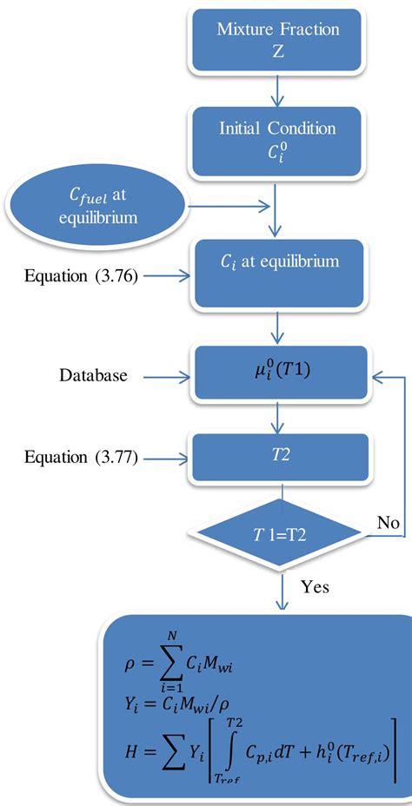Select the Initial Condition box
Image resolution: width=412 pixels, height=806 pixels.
(278, 138)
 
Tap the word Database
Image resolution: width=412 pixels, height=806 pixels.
(94, 375)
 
